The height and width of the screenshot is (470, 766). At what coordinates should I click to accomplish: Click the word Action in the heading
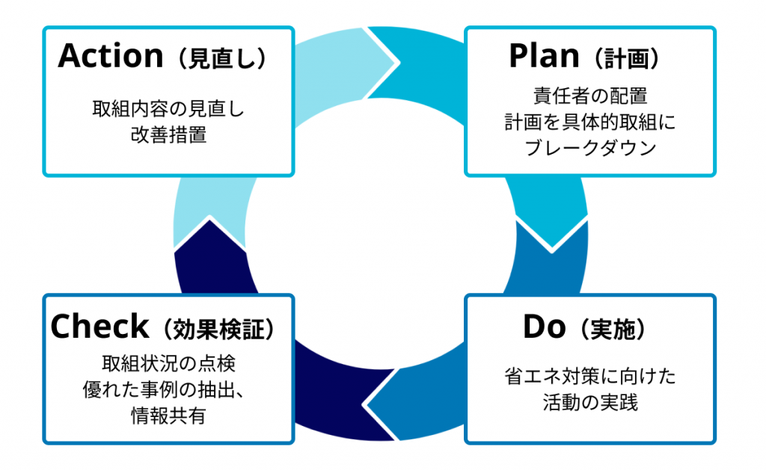click(x=111, y=55)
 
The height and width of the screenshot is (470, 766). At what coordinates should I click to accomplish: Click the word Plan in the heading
click(x=544, y=55)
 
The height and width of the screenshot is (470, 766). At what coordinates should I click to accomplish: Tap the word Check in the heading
click(x=99, y=327)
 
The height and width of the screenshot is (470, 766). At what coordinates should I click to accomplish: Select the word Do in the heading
click(x=545, y=327)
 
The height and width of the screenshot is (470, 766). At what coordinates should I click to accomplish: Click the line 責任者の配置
click(x=590, y=96)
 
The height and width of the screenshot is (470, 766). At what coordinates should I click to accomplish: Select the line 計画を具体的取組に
click(x=590, y=122)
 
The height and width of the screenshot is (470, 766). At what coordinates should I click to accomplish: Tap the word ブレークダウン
click(x=590, y=147)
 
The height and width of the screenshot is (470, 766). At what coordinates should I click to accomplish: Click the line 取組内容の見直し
click(x=168, y=109)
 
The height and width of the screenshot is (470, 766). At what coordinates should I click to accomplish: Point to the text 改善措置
click(x=168, y=134)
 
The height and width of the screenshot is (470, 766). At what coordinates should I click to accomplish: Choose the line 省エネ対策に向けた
click(x=590, y=377)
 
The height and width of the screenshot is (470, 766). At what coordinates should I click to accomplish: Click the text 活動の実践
click(x=590, y=403)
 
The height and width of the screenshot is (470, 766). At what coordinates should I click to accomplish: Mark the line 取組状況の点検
click(x=168, y=363)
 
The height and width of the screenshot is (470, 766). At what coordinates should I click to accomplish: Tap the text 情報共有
click(x=168, y=415)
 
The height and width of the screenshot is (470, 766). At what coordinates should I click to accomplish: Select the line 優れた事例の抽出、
click(x=164, y=389)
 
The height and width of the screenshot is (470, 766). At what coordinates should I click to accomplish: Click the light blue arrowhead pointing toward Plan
click(x=381, y=63)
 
